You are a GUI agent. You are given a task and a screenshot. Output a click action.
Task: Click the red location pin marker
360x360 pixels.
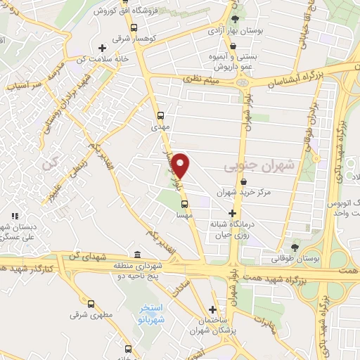point(181,165)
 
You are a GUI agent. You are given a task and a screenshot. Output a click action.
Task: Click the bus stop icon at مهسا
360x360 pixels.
point(184,205)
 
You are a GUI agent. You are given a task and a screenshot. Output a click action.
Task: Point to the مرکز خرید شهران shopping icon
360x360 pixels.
point(243,181)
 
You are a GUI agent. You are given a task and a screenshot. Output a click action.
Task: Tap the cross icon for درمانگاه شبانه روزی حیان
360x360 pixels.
point(233,213)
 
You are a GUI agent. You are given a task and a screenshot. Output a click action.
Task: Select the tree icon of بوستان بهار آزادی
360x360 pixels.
point(235,20)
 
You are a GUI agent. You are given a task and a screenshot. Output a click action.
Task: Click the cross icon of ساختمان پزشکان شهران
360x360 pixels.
point(212,309)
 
